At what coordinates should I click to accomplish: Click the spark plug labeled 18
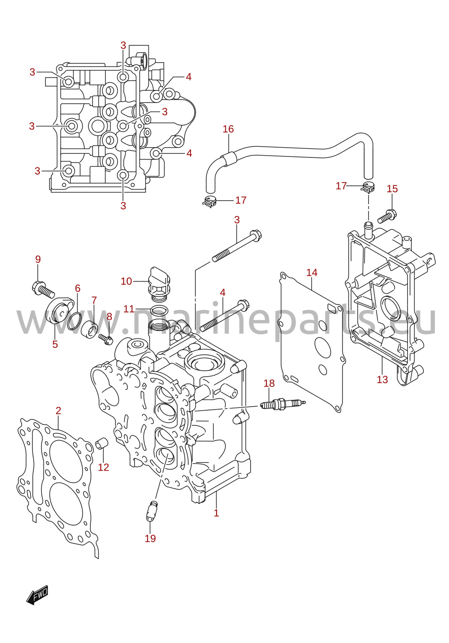(282, 404)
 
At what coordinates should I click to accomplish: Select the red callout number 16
(228, 129)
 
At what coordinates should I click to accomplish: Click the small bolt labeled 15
(387, 217)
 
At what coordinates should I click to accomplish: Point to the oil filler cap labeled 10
(159, 284)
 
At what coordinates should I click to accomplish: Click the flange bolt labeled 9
(43, 289)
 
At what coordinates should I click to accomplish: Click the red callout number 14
(312, 272)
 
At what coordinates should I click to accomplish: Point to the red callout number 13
(382, 380)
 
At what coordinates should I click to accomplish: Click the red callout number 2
(58, 411)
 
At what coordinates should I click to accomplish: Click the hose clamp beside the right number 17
(368, 187)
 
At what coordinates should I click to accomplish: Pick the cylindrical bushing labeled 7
(90, 330)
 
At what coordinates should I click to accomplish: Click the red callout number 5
(55, 344)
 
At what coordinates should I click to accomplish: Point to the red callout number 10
(126, 281)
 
